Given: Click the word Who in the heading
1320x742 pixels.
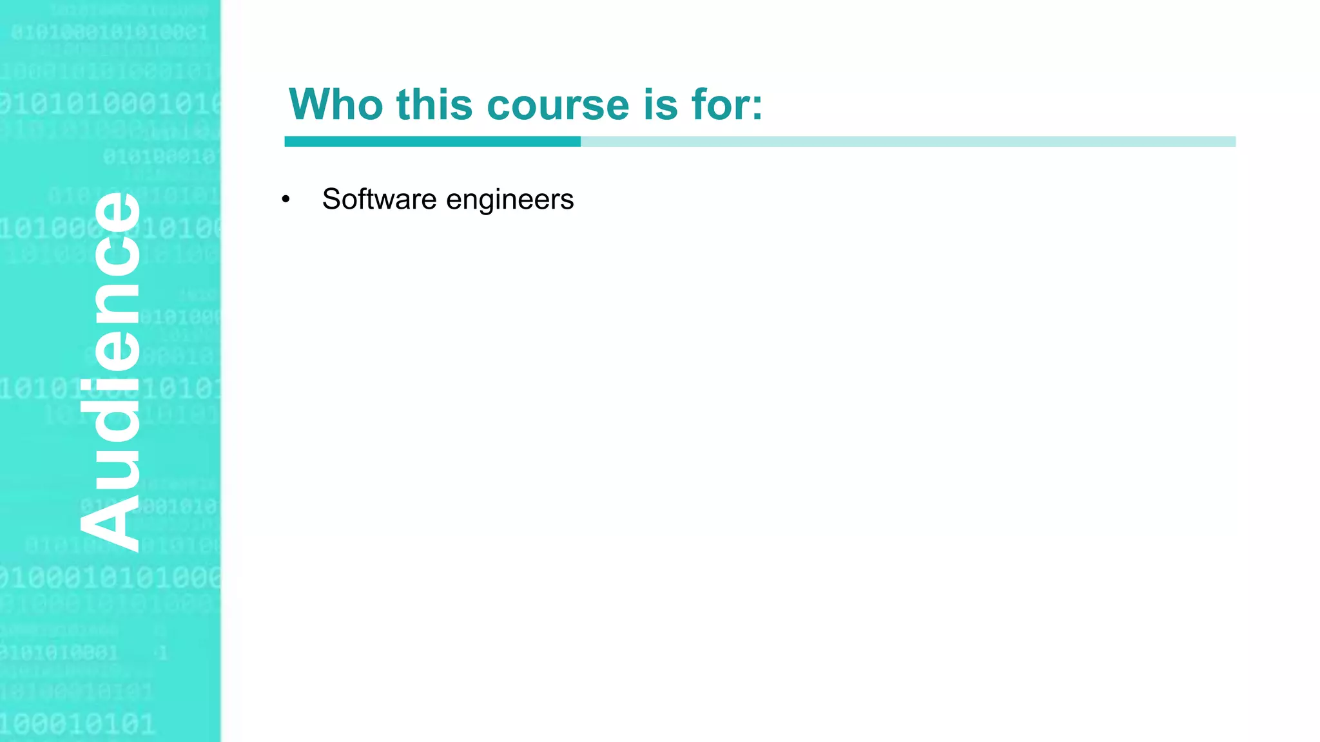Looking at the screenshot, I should (336, 104).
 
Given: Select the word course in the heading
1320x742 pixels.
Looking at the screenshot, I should (558, 106).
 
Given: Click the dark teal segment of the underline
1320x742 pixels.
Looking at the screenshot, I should (432, 142).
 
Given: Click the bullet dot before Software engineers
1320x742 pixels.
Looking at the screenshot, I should (286, 200).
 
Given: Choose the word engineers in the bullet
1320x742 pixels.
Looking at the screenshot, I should (510, 200).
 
